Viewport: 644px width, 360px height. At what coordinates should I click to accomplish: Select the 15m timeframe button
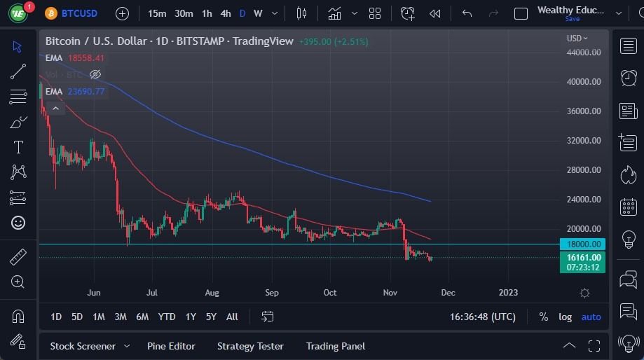tap(158, 13)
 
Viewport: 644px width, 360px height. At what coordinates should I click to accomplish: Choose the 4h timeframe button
tap(225, 13)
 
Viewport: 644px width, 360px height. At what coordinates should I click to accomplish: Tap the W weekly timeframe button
tap(258, 13)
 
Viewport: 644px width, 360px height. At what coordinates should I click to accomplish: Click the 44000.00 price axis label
tap(584, 53)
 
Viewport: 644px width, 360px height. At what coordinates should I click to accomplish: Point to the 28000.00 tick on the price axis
tap(584, 170)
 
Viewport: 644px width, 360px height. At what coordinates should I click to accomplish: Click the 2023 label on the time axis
tap(508, 293)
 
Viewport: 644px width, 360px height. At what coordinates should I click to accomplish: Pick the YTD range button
tap(167, 317)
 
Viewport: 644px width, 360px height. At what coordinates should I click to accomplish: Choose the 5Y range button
tap(211, 317)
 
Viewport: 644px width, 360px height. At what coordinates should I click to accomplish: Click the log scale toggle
tap(565, 317)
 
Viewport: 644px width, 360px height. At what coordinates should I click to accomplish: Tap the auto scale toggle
tap(591, 317)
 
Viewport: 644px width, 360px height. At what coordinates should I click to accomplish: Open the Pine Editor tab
tap(171, 346)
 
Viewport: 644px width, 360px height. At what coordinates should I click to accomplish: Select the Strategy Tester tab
tap(250, 346)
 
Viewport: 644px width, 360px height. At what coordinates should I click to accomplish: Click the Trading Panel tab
tap(336, 346)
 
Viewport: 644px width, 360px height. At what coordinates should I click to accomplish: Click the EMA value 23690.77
tap(86, 91)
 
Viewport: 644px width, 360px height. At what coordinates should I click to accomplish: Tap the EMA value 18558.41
tap(86, 58)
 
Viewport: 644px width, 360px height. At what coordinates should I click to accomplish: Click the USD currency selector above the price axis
tap(577, 39)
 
